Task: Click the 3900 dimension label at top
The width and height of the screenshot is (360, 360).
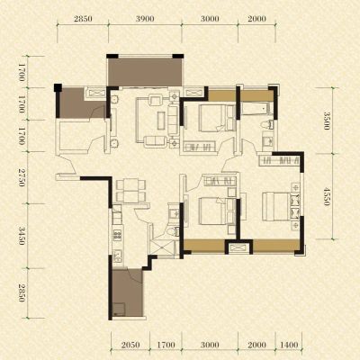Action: [145, 19]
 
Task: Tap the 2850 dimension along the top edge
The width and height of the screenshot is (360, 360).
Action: [83, 19]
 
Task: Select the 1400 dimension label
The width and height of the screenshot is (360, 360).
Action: [289, 345]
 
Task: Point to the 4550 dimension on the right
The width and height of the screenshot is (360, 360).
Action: [326, 196]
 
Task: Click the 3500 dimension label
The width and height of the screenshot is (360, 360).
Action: [326, 121]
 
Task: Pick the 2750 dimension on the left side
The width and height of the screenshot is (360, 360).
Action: [22, 177]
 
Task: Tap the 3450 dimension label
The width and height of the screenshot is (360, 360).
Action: [22, 236]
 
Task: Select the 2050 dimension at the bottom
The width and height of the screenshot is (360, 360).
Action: [130, 345]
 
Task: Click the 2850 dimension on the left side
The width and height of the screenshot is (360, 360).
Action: [22, 292]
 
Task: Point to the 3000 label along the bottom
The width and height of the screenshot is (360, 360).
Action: [210, 345]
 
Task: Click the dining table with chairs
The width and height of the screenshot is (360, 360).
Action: [130, 190]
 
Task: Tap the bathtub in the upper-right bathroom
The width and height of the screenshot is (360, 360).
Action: [256, 109]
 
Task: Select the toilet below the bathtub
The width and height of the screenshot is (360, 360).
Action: [268, 124]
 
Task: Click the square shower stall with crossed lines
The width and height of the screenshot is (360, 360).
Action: [163, 247]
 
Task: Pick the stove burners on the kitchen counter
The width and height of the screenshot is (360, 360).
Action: [117, 235]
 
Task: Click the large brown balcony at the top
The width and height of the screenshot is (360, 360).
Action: [145, 72]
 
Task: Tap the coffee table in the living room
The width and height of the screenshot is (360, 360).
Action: [161, 121]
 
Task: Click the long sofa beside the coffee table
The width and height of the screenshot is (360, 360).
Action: [173, 120]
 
